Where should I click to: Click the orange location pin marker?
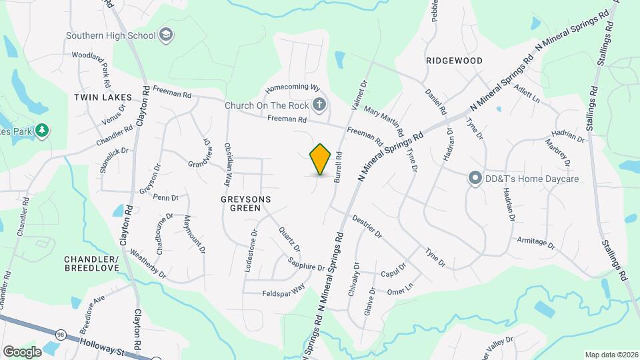tap(321, 159)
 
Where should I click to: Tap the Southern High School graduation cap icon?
tap(165, 35)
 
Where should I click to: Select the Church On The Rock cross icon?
tap(320, 105)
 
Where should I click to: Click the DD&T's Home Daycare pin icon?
tap(475, 179)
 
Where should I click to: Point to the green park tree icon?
tap(42, 130)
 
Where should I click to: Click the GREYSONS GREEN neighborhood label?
tap(240, 203)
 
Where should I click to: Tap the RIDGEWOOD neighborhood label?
tap(454, 61)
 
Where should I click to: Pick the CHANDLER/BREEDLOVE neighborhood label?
tap(91, 263)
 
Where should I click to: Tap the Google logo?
tap(22, 351)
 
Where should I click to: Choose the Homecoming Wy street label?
tap(293, 89)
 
